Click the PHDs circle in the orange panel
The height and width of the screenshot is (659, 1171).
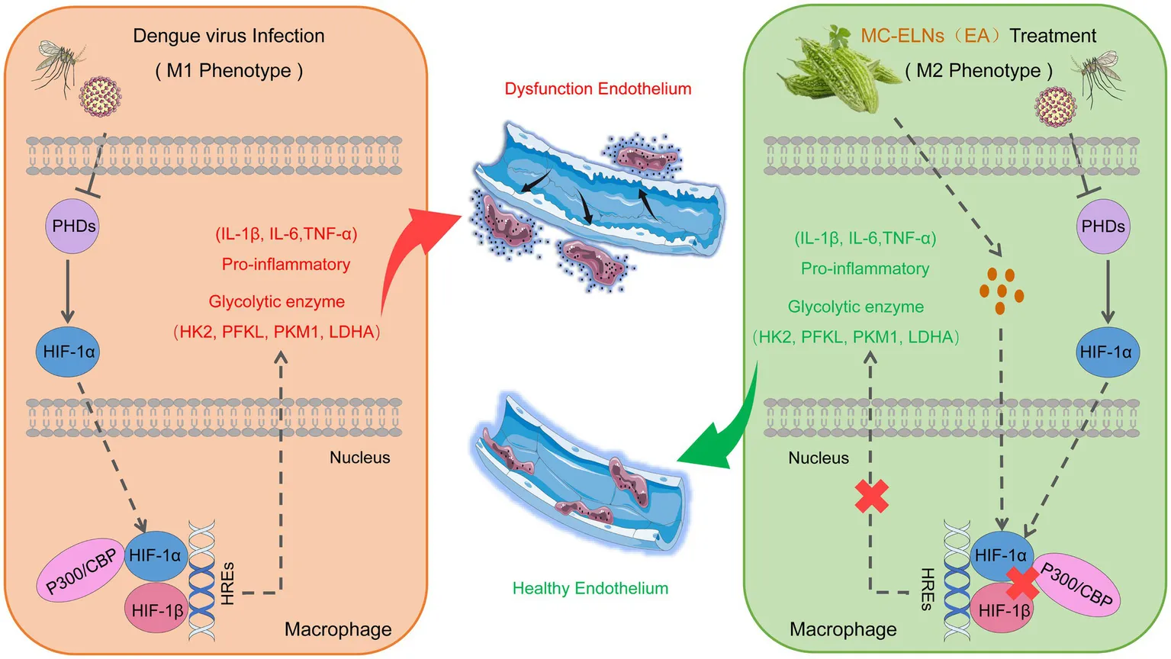click(x=73, y=227)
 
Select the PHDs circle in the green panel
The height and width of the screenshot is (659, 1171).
click(x=1103, y=227)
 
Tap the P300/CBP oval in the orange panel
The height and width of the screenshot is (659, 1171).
click(x=81, y=571)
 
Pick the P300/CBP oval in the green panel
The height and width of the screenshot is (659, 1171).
click(x=1078, y=585)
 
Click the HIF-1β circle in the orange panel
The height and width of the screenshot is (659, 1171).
click(x=156, y=610)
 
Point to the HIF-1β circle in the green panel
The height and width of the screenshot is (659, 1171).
click(x=1003, y=611)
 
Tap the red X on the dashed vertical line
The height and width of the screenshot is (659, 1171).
click(x=872, y=496)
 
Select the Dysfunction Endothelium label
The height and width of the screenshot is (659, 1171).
click(x=597, y=88)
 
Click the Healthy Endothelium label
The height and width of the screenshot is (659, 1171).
click(x=590, y=588)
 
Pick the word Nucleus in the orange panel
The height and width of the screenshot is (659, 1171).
click(x=359, y=458)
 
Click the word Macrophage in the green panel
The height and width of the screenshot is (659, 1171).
click(x=843, y=629)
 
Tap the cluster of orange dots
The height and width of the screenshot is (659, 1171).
click(x=1001, y=290)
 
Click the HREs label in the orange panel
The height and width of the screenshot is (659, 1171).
click(x=227, y=583)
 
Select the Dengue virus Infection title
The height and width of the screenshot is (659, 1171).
click(x=228, y=36)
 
